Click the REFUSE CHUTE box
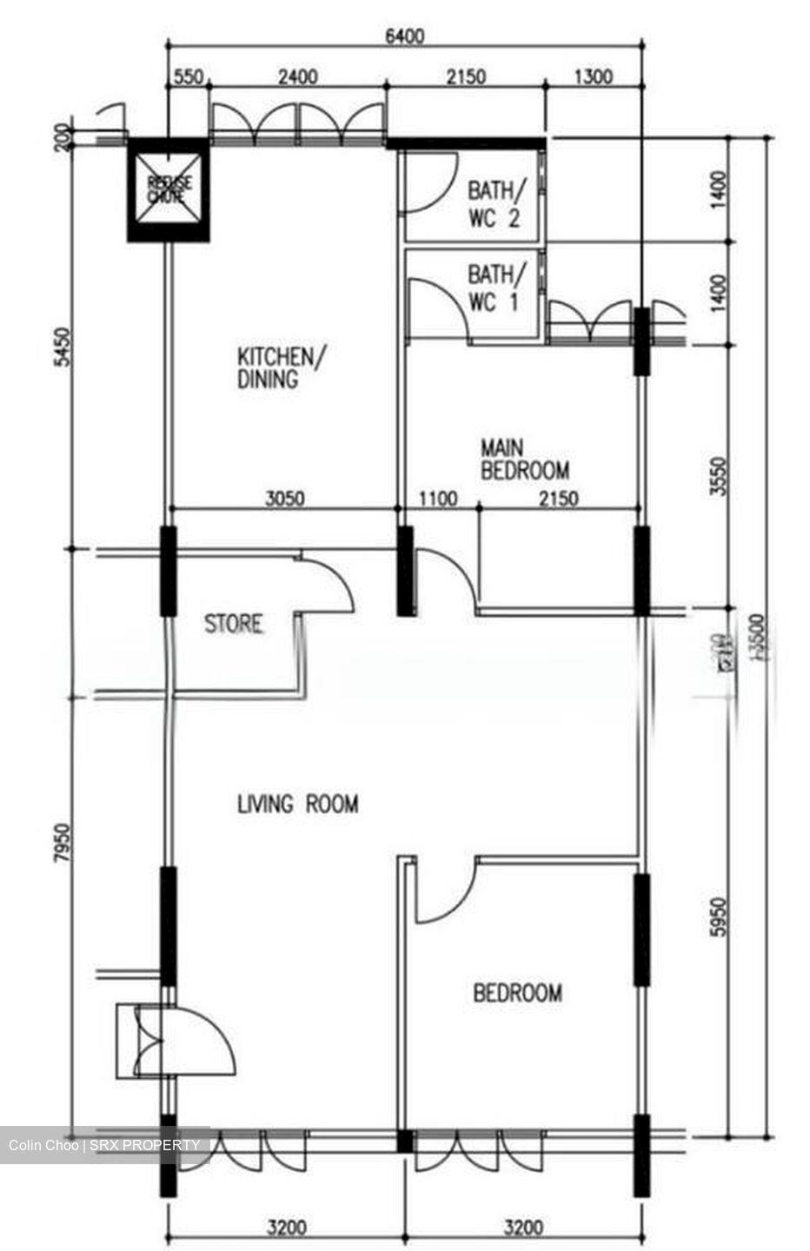[x=168, y=190]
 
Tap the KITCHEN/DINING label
[x=282, y=367]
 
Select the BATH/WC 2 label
[x=495, y=203]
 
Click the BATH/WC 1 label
[x=495, y=288]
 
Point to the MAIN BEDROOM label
[x=524, y=460]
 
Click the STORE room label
[x=233, y=624]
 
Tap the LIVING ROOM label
[x=297, y=804]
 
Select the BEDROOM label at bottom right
[x=517, y=992]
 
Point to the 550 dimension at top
[x=188, y=77]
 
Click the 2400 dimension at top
[x=297, y=77]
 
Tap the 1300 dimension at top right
[x=594, y=77]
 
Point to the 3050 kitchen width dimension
[x=284, y=500]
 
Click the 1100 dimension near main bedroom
[x=438, y=500]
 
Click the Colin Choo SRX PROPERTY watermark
[x=104, y=1145]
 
